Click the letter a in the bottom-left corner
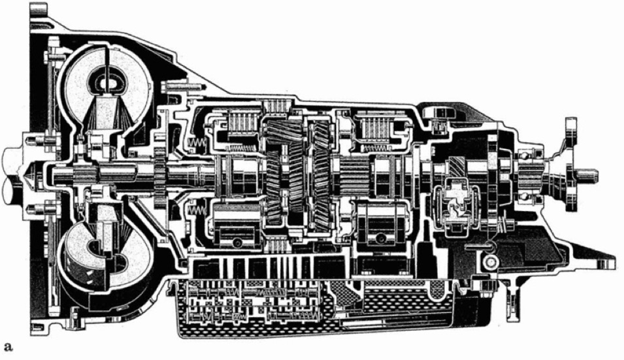[8, 347]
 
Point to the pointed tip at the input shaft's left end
[27, 174]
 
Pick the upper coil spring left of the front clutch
[196, 142]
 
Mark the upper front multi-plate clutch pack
[243, 123]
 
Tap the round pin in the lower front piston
[238, 242]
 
